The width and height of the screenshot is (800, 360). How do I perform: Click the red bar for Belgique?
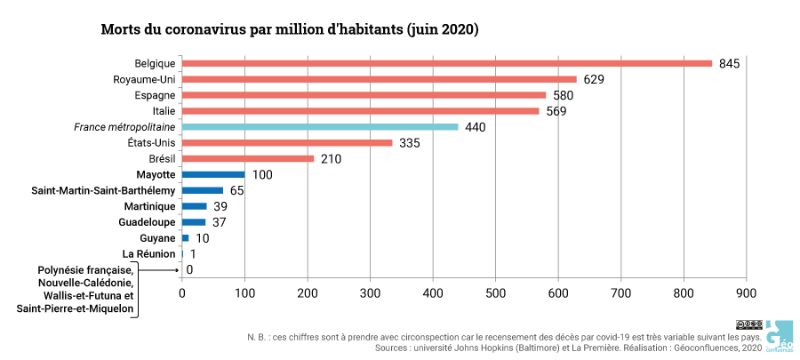[447, 63]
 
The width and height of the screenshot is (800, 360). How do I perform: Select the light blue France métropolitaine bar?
[320, 127]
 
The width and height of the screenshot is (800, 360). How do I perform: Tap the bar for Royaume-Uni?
[380, 79]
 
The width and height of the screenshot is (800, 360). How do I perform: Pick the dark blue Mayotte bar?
[213, 175]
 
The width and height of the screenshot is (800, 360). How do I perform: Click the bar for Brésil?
[248, 159]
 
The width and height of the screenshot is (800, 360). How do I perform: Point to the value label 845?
[730, 64]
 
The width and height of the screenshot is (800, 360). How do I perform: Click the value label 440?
[475, 128]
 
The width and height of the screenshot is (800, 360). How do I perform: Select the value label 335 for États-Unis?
[409, 143]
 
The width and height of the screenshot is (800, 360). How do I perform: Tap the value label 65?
[237, 191]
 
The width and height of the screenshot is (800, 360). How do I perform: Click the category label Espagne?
[155, 95]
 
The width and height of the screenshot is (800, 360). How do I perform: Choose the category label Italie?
[164, 111]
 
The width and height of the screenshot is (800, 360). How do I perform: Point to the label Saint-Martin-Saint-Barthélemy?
[103, 191]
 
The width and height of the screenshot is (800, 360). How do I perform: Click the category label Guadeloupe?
[147, 222]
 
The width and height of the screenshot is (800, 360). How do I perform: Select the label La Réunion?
[148, 254]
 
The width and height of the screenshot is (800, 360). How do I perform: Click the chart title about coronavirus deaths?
[290, 29]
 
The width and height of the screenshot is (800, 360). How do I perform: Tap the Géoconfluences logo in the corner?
[780, 335]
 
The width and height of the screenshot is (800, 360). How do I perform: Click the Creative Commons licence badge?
[748, 324]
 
